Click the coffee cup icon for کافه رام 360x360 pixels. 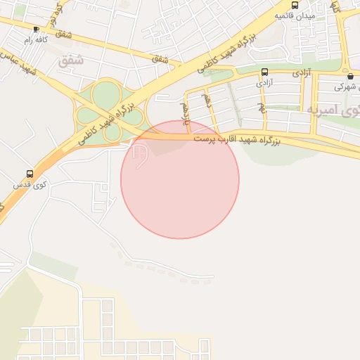[x=36, y=29]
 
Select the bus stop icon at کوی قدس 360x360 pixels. [x=30, y=174]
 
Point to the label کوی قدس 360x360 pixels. [x=30, y=185]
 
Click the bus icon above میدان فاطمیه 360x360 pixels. [x=295, y=5]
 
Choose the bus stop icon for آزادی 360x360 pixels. [x=264, y=72]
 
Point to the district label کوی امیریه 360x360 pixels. [x=333, y=110]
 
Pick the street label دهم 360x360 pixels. [x=206, y=100]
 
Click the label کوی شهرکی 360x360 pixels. [x=342, y=86]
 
